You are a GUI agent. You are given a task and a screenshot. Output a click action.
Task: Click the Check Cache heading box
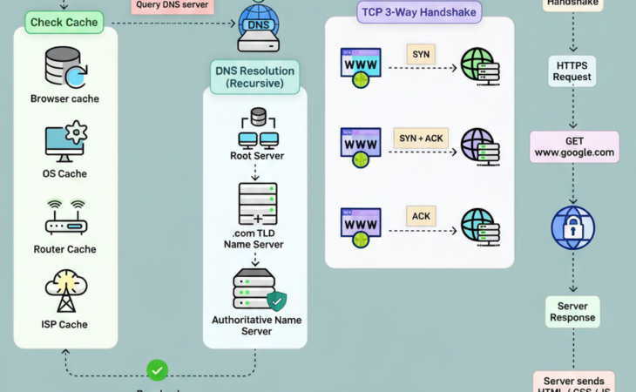tap(64, 21)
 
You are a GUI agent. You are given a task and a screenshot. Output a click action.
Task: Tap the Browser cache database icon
tap(64, 67)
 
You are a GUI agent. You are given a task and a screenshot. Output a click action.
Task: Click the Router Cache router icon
tap(65, 217)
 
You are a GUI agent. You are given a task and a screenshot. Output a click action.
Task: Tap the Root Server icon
tap(257, 128)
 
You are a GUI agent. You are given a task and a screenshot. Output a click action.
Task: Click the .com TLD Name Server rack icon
tap(257, 204)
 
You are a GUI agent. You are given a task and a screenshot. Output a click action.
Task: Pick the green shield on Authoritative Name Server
tap(276, 301)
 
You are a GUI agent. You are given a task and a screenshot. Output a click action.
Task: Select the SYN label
tap(420, 54)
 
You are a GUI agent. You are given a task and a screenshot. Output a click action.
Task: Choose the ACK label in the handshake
tap(420, 216)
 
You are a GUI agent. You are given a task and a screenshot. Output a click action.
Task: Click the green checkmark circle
tap(158, 370)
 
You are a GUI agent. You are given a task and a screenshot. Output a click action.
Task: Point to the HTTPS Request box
tap(572, 71)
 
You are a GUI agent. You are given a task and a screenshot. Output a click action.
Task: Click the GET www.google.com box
tap(574, 146)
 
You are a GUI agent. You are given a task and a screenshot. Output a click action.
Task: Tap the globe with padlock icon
tap(572, 228)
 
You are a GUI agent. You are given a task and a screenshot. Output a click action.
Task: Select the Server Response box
tap(572, 312)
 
